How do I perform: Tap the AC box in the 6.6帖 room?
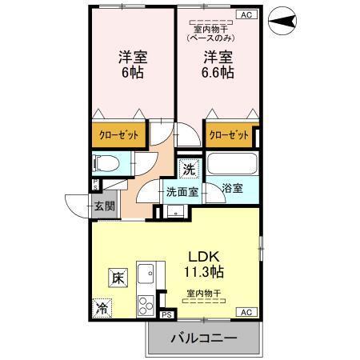[245, 14]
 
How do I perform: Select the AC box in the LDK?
[245, 311]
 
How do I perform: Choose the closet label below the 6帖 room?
[119, 135]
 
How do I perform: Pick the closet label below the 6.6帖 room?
[230, 135]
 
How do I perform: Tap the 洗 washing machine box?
[188, 169]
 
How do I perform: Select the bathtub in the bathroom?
[230, 164]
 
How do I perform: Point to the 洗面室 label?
[182, 192]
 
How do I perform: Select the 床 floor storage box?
[117, 279]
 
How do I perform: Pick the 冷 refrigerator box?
[102, 307]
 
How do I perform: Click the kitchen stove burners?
[146, 306]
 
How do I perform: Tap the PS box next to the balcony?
[166, 315]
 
